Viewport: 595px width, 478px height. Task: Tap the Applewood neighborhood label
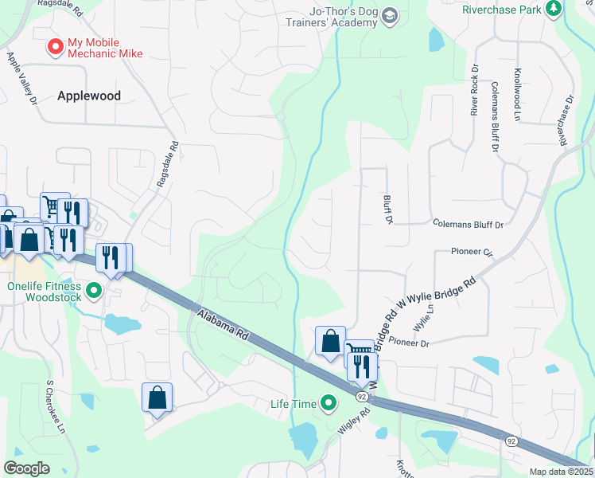click(89, 96)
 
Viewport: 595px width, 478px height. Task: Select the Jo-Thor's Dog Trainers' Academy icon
click(389, 16)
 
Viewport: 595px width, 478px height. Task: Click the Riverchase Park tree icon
click(553, 10)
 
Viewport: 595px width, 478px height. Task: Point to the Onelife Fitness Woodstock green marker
click(94, 290)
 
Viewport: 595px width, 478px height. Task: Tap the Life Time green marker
click(328, 404)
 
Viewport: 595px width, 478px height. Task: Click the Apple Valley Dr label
click(22, 78)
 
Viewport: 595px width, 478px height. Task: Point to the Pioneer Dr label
click(410, 343)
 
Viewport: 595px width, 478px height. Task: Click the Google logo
click(27, 468)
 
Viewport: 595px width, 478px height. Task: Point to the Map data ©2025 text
click(561, 472)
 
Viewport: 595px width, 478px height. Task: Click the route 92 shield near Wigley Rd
click(362, 396)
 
